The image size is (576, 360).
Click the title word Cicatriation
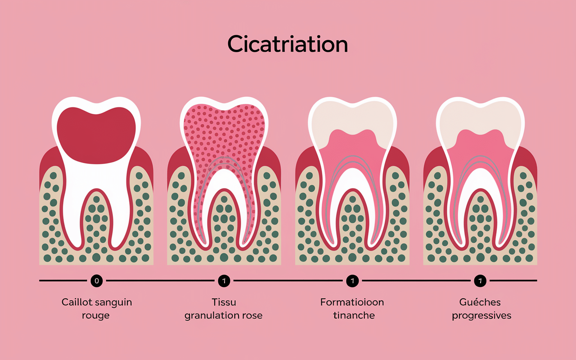[x=288, y=44]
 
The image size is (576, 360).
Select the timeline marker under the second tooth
[x=224, y=281]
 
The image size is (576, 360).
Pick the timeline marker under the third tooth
[x=352, y=281]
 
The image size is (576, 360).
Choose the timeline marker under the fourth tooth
[x=480, y=281]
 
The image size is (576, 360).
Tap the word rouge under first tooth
[x=96, y=315]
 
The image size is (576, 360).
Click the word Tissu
[x=224, y=301]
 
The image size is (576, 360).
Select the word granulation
[x=211, y=315]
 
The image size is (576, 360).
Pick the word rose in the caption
[x=251, y=315]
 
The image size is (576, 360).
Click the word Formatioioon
[x=352, y=301]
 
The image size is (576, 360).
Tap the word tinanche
[x=354, y=315]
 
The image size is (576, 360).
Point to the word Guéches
[x=480, y=301]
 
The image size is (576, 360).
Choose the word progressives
[x=481, y=316]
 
